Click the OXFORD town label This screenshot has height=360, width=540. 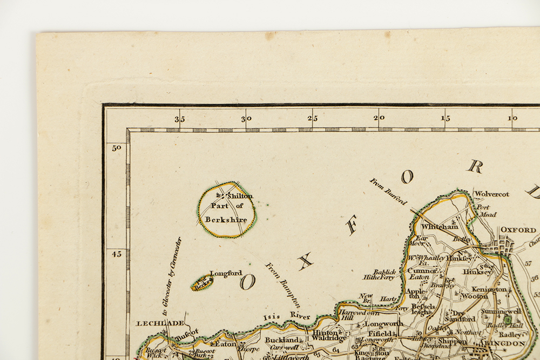[x=518, y=229]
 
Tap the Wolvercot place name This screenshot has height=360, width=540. [x=491, y=194]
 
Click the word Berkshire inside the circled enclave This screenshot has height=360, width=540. [x=229, y=220]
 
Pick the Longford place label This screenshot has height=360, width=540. [x=226, y=273]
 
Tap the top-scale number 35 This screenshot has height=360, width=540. [x=179, y=119]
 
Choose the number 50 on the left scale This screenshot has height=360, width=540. [x=116, y=147]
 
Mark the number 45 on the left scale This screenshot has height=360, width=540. [x=116, y=254]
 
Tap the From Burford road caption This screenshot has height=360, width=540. [x=388, y=191]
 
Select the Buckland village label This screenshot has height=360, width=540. [x=282, y=341]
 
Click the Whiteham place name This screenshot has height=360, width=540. [x=440, y=227]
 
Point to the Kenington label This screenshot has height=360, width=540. [x=489, y=289]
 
